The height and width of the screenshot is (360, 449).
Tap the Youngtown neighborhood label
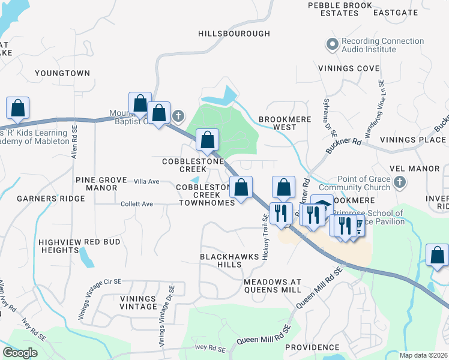(62, 73)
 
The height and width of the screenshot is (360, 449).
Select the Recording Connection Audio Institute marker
(332, 44)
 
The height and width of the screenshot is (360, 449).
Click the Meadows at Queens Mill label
(273, 286)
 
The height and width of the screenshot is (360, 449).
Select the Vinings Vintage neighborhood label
(130, 302)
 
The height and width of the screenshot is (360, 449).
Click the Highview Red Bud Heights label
(79, 246)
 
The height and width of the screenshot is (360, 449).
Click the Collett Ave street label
(136, 204)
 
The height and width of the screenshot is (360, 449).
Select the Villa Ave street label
(146, 181)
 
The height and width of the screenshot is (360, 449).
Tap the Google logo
(20, 353)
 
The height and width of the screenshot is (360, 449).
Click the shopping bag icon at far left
(18, 108)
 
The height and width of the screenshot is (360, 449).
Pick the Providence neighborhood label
(312, 347)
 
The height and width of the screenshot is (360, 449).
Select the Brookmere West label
(285, 123)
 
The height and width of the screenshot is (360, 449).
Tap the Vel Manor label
(423, 169)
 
